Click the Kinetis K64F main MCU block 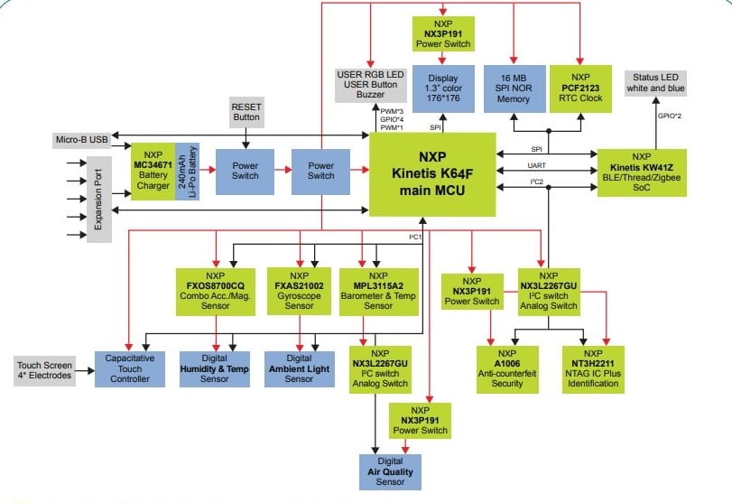[432, 174]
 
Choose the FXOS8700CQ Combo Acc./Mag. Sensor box [216, 290]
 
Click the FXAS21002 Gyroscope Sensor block [299, 290]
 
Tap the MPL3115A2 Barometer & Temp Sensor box [378, 290]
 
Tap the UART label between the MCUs [536, 167]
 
